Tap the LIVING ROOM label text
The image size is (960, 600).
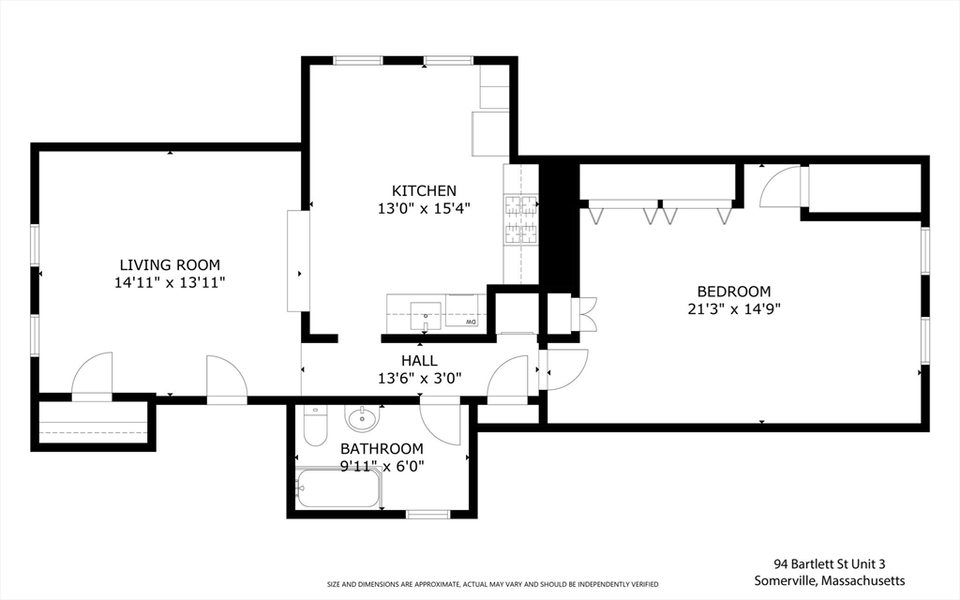(x=170, y=265)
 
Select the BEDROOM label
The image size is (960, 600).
(x=733, y=291)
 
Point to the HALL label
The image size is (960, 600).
(x=419, y=360)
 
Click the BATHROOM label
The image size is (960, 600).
(x=381, y=448)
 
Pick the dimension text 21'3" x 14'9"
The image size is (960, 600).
(x=733, y=307)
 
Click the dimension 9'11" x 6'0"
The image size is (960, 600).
(x=381, y=465)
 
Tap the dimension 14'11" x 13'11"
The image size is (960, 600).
(x=170, y=281)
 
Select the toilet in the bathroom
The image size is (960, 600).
(x=314, y=427)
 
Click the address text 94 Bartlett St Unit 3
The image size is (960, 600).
(x=830, y=564)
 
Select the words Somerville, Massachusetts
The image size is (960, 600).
(x=830, y=581)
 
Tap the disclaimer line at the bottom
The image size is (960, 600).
(x=492, y=583)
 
